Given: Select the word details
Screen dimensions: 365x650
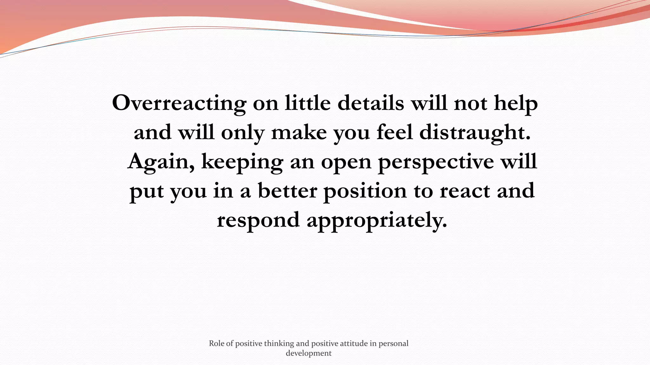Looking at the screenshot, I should (370, 103).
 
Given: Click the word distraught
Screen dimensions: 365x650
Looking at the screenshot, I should (475, 132).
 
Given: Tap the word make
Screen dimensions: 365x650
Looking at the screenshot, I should (299, 132).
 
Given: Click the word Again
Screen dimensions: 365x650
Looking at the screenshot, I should (161, 162).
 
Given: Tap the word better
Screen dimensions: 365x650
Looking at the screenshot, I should (287, 191).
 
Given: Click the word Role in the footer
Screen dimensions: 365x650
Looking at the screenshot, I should (216, 343).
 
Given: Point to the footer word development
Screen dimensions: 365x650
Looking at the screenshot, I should (308, 353).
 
